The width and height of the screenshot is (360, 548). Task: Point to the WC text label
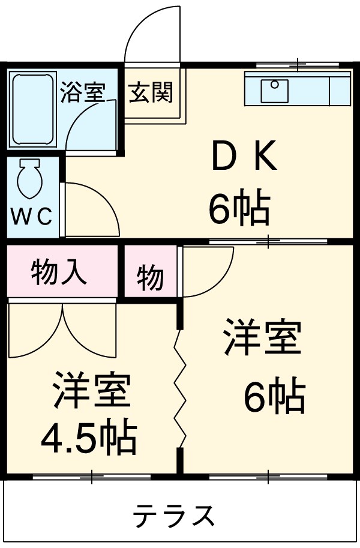(32, 217)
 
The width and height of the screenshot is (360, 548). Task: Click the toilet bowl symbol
(29, 179)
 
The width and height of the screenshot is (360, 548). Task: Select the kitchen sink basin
(275, 90)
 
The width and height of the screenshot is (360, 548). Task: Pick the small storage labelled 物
(149, 278)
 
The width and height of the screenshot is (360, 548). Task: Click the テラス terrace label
(174, 515)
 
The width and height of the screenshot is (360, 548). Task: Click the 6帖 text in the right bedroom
(274, 397)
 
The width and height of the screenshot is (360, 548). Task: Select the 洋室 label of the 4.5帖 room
(91, 391)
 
